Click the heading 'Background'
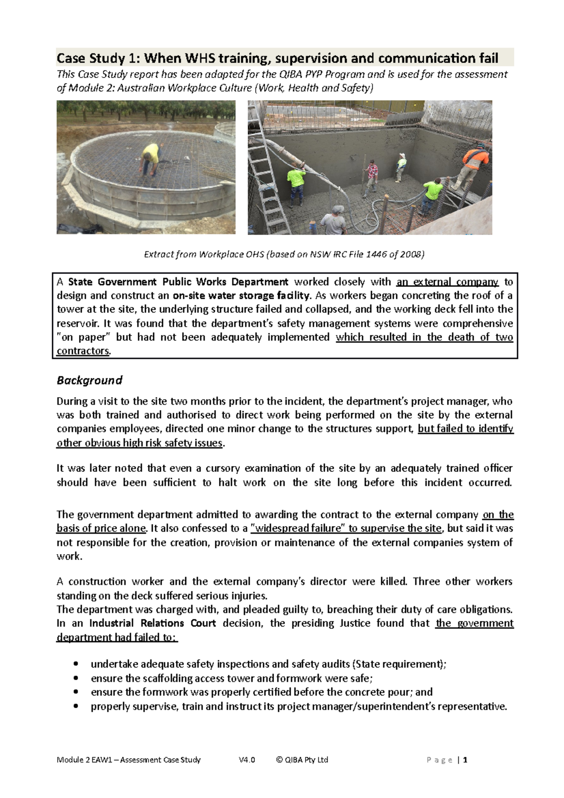coord(89,380)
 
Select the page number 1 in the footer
coord(465,760)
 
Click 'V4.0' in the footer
coord(247,760)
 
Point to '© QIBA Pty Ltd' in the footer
coord(302,760)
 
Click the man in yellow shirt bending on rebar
coord(150,160)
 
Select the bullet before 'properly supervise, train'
coord(76,706)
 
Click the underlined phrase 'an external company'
coord(447,282)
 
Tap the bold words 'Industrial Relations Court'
coord(152,623)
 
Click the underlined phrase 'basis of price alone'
coord(101,528)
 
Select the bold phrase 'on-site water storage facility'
coord(242,296)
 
